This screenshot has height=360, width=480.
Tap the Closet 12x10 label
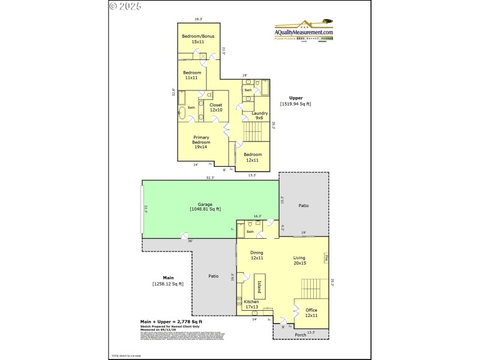[x=216, y=107]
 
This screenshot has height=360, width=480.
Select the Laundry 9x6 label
[x=259, y=115]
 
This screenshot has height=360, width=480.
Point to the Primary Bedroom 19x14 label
[x=201, y=142]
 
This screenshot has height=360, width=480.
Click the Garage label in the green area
[x=205, y=206]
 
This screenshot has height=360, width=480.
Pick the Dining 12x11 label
[x=256, y=255]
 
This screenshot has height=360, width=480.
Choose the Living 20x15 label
[x=300, y=260]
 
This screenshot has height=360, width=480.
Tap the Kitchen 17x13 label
[x=251, y=304]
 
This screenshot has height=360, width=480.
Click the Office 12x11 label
[x=311, y=313]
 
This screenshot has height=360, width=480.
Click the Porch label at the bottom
[x=300, y=335]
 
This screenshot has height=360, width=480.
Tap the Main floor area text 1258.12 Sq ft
[x=168, y=283]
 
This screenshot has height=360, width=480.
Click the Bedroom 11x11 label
[x=193, y=75]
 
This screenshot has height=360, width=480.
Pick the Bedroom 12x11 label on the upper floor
[x=252, y=157]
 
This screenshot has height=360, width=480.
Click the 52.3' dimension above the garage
[x=210, y=178]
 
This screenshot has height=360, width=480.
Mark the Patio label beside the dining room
[x=213, y=276]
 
